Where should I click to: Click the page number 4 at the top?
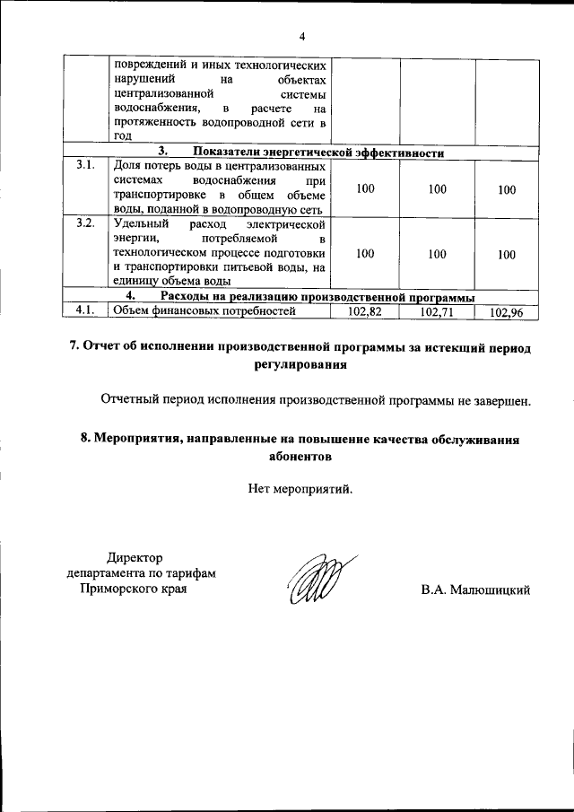302,36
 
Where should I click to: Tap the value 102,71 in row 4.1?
437,311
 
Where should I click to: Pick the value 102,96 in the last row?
507,312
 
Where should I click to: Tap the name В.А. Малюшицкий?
476,589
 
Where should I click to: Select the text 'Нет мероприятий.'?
301,489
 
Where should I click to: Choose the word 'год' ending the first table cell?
122,136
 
